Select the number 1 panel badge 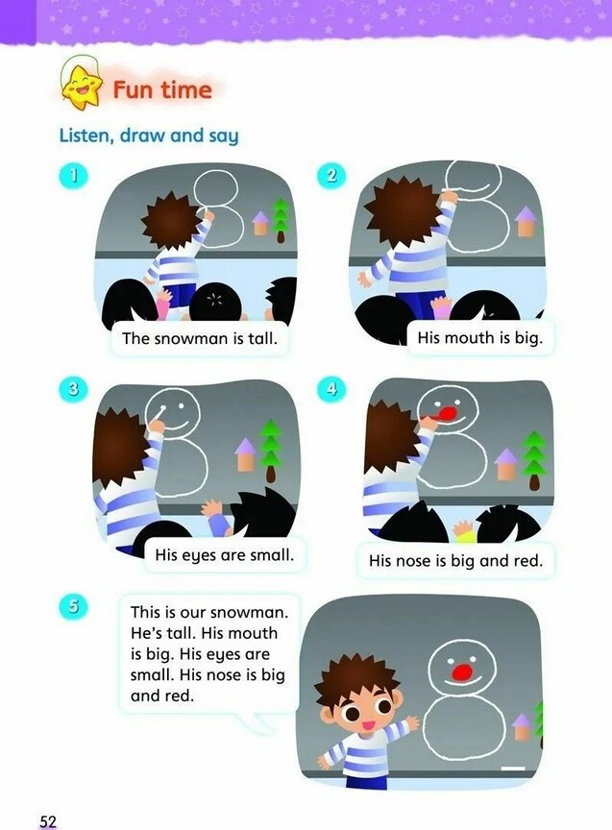74,175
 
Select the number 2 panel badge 330,175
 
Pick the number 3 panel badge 74,390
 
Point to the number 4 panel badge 330,390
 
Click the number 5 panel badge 74,606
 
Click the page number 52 48,821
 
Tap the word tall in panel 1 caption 262,338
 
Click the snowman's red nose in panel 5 463,671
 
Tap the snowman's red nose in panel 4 448,413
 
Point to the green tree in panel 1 281,220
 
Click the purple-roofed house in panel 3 246,453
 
